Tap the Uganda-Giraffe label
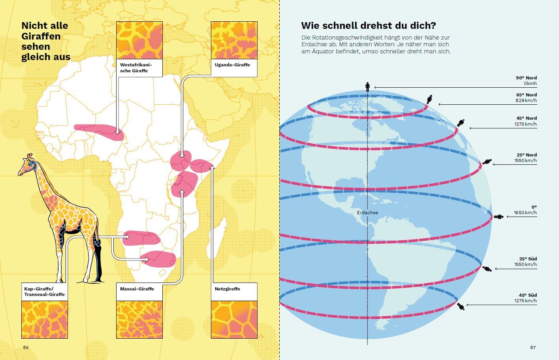232,65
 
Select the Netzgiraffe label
228,289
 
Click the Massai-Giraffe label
137,289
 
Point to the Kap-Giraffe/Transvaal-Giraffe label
44,292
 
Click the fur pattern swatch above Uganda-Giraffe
234,40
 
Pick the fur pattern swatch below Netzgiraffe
234,319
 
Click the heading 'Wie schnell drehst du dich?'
368,26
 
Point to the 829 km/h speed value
526,101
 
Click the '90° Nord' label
526,78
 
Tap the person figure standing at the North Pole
367,87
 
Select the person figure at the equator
499,217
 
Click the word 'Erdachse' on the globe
367,213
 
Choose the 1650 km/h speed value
525,213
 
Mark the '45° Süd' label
528,295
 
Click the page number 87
533,347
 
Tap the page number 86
26,347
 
